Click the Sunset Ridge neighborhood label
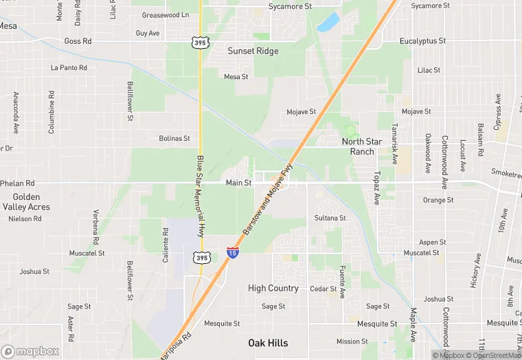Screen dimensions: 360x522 [253, 51]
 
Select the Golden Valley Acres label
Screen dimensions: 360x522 [26, 202]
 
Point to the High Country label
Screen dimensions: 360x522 [273, 289]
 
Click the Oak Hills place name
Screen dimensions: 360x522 [268, 343]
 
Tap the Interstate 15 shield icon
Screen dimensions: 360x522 [233, 253]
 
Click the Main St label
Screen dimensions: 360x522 [238, 183]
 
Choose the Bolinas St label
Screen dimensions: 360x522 [174, 138]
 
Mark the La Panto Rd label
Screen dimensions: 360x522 [69, 68]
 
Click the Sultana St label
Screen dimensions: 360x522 [330, 218]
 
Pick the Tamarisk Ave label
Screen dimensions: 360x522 [395, 148]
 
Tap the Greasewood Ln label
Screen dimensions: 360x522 [164, 14]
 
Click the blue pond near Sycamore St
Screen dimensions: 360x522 [328, 22]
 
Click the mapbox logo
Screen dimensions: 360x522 [30, 351]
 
